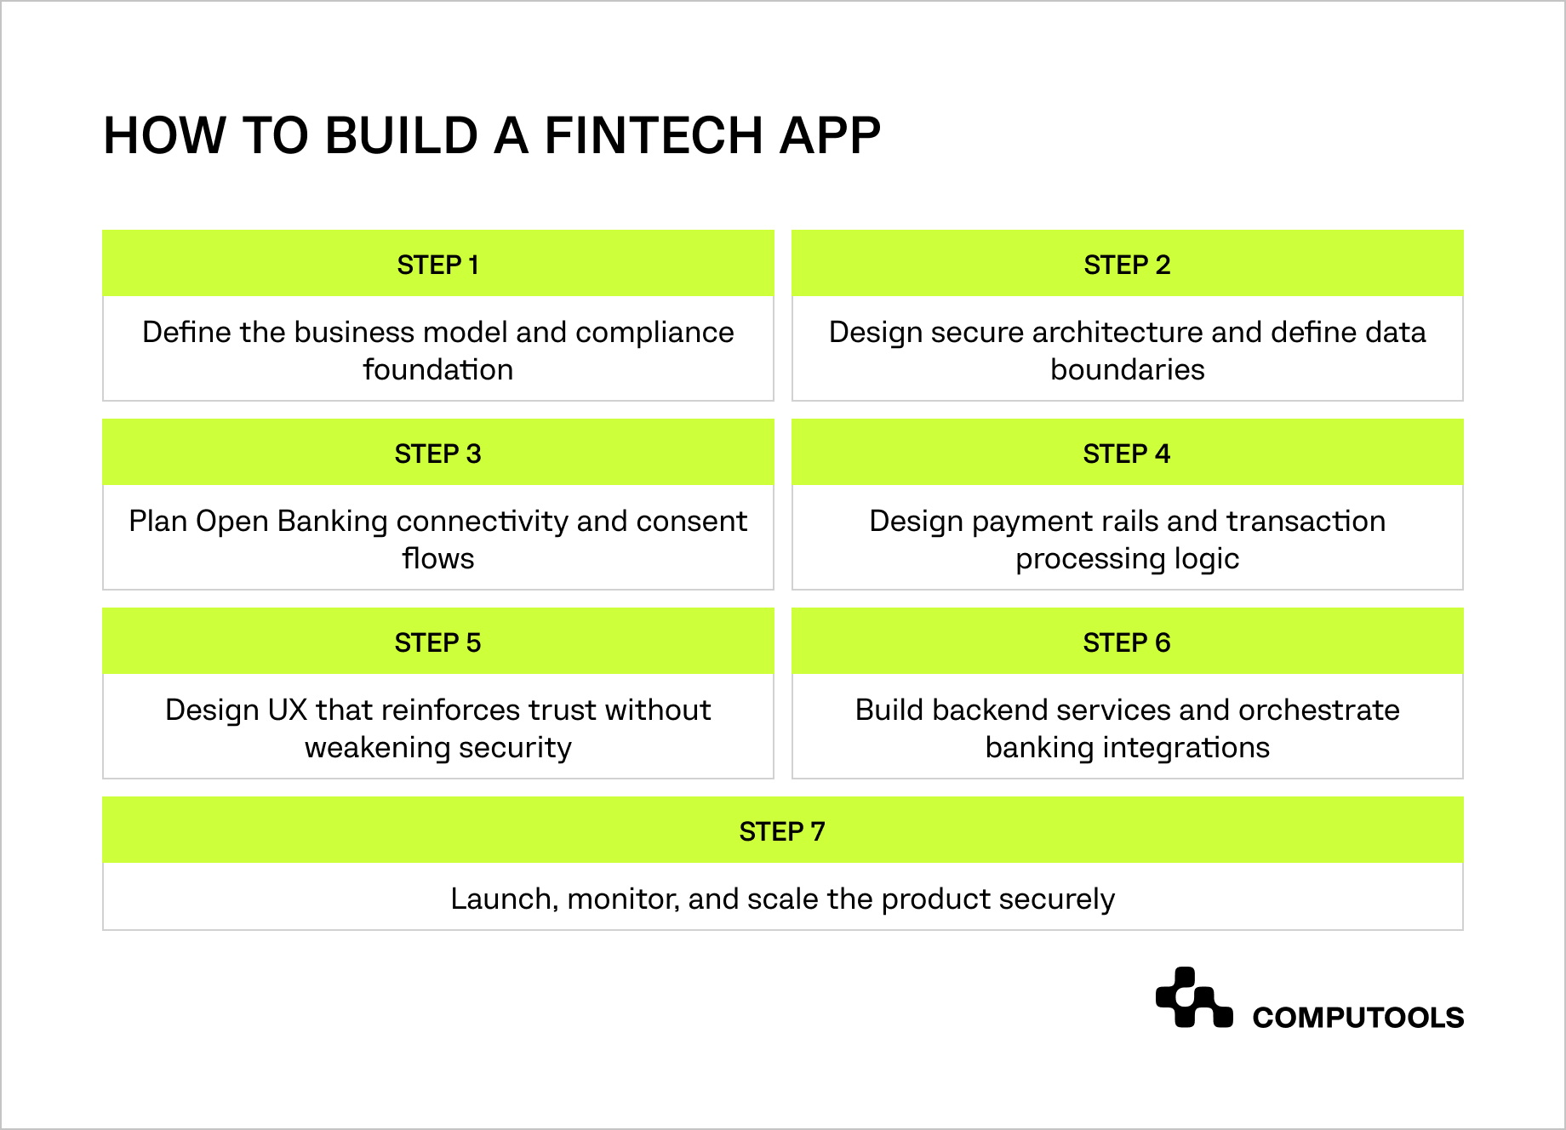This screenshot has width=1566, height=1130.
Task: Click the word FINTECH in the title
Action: (653, 135)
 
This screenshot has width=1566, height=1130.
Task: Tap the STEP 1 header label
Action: (437, 265)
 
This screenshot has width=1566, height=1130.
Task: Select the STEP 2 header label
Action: (1127, 265)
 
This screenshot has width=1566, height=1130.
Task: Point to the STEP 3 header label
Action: (437, 454)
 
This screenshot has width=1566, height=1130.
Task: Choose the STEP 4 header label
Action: (1127, 454)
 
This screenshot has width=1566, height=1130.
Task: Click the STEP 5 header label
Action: (437, 642)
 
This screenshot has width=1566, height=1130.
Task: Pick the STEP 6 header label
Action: (1127, 642)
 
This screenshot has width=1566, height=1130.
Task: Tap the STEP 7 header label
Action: (782, 831)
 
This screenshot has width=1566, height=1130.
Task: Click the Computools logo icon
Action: (1193, 998)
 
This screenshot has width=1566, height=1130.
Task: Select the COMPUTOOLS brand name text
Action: (1357, 1018)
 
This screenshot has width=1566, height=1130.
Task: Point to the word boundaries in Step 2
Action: (1127, 370)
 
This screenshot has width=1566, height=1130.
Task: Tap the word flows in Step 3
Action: (437, 559)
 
